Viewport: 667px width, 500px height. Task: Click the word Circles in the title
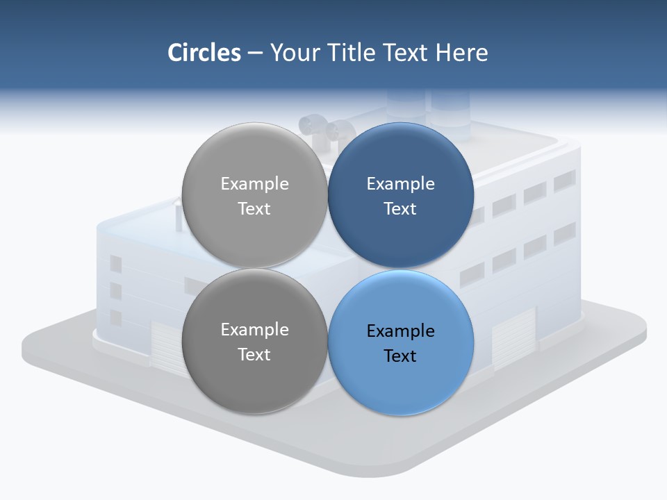pyautogui.click(x=204, y=53)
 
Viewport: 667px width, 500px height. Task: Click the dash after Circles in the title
pyautogui.click(x=254, y=53)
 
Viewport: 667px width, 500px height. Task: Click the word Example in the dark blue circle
pyautogui.click(x=400, y=184)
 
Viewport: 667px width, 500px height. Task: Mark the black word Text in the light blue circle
pyautogui.click(x=400, y=356)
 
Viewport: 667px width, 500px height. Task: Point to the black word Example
pyautogui.click(x=400, y=331)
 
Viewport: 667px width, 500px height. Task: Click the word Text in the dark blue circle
pyautogui.click(x=400, y=209)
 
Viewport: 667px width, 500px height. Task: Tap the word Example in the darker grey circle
pyautogui.click(x=254, y=330)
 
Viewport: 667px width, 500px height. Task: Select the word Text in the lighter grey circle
pyautogui.click(x=254, y=209)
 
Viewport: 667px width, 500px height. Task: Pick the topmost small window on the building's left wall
pyautogui.click(x=115, y=264)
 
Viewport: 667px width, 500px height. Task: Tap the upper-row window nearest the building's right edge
pyautogui.click(x=564, y=181)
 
